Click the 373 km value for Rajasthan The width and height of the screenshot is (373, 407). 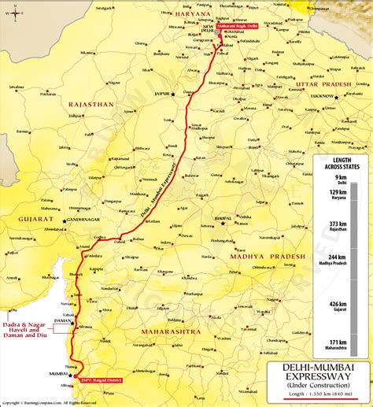(338, 225)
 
